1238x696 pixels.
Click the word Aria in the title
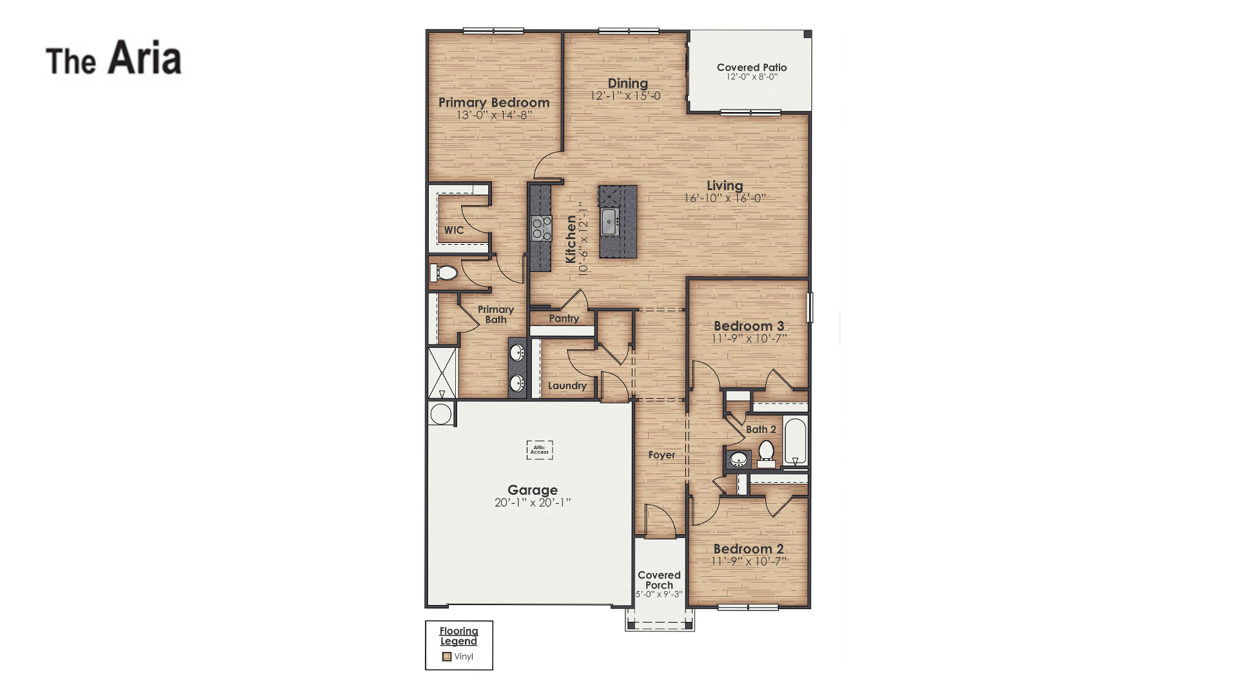[144, 58]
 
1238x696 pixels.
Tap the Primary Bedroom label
[494, 102]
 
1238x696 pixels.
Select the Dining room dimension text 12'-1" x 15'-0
[625, 96]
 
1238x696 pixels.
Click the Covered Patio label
[752, 67]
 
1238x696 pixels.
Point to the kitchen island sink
[610, 222]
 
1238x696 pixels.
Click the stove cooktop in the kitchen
[541, 228]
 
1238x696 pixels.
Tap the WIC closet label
[453, 230]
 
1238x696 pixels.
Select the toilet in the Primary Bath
[444, 273]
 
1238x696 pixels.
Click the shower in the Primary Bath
[442, 373]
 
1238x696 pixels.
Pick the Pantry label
[564, 318]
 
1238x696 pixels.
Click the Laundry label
[567, 386]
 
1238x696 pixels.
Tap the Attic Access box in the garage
[540, 450]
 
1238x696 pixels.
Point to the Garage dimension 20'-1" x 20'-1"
[533, 503]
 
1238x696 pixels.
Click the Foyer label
[662, 455]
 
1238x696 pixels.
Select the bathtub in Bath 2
[795, 441]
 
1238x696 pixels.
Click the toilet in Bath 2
[766, 452]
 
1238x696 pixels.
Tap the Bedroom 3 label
[749, 326]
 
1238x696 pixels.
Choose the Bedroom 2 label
[749, 549]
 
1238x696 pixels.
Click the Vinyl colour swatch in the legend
[447, 657]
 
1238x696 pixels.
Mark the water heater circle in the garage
[441, 414]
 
